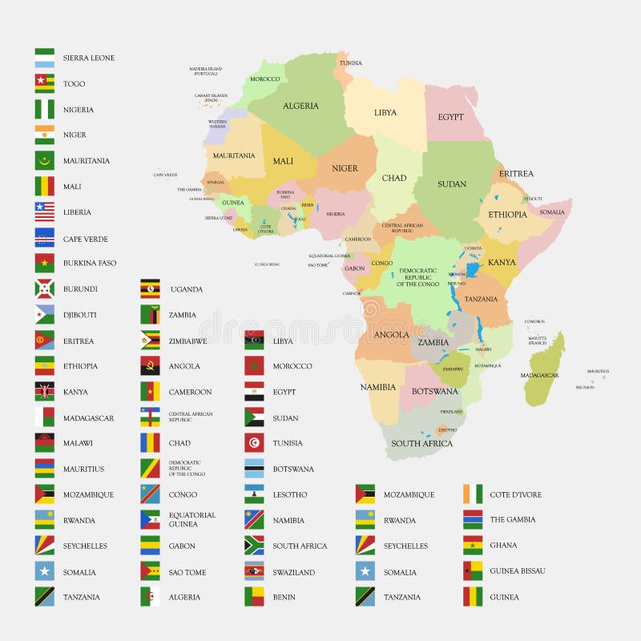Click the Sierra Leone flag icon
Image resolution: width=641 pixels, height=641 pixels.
pos(45,58)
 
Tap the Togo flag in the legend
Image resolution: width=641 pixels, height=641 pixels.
pos(45,83)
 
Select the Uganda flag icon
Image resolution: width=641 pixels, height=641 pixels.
pos(150,288)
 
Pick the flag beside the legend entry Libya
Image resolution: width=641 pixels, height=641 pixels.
pos(254,341)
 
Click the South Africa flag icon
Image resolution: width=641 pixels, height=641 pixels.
pos(254,546)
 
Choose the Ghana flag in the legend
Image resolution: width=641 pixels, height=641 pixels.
pos(473,545)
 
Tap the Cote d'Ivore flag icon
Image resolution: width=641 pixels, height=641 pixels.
pos(473,494)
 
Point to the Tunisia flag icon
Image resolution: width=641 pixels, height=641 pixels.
pos(254,443)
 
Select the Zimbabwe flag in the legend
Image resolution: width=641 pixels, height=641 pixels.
pos(150,341)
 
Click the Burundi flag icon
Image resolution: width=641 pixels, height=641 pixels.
pos(45,288)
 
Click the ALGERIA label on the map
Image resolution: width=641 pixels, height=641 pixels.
pos(300,106)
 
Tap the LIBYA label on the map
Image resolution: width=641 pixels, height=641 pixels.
pos(385,112)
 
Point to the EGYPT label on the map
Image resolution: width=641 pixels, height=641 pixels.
pos(450,117)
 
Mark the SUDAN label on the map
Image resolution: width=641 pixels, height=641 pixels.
pos(452,183)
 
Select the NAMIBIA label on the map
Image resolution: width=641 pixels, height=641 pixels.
pos(377,387)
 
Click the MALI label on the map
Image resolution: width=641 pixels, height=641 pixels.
pos(283,161)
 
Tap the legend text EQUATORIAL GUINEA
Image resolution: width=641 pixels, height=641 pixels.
pos(191,519)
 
